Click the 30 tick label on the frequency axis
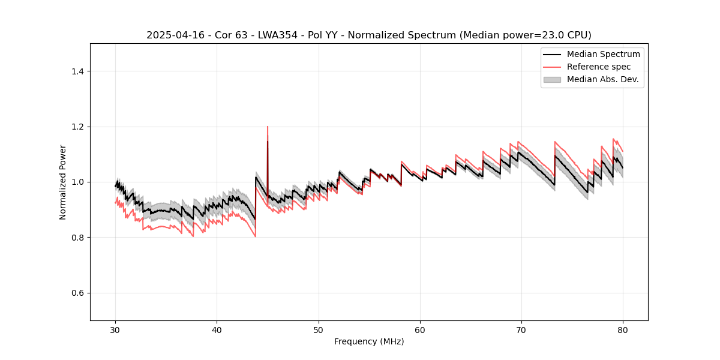pos(115,329)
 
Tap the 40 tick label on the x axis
pos(217,329)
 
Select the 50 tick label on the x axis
pos(319,329)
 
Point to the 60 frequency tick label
pos(420,329)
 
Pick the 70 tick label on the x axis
pos(521,329)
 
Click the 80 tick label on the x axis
pos(623,329)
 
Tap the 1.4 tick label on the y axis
pos(77,71)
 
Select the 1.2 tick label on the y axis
pos(77,127)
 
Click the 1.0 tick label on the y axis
pos(77,182)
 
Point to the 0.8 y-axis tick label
pos(77,238)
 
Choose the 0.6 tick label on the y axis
pos(77,293)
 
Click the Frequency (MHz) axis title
pos(369,341)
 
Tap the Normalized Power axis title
pos(63,182)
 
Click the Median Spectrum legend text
pos(603,54)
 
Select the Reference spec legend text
pos(599,67)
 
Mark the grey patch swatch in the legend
pos(552,79)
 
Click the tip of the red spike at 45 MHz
pos(268,127)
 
